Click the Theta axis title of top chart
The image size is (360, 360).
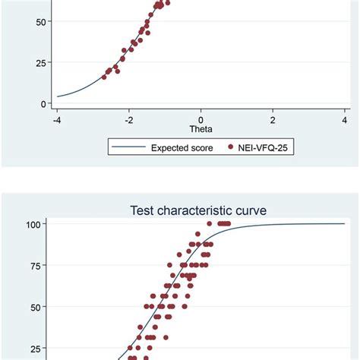(201, 129)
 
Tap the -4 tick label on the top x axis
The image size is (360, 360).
(56, 118)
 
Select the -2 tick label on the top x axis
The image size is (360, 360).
(128, 118)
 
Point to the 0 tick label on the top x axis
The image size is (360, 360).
(201, 118)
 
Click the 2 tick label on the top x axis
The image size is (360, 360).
(273, 118)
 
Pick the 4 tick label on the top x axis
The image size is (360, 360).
(345, 118)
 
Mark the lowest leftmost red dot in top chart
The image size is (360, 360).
(105, 77)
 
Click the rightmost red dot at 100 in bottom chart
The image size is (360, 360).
(229, 223)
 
